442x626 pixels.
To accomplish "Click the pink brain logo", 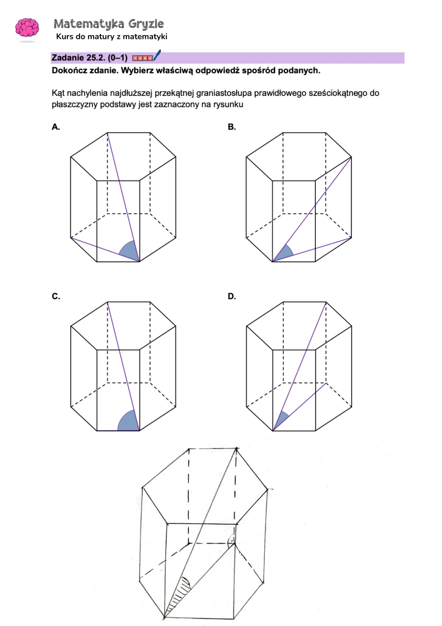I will tap(27, 28).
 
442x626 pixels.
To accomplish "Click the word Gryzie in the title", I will tap(146, 24).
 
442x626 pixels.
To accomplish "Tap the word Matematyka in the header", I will tap(89, 24).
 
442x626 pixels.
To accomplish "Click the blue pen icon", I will tap(157, 55).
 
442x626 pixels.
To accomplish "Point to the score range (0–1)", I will tap(117, 58).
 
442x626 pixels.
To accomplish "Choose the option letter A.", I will tap(56, 127).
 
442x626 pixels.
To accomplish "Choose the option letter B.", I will tap(231, 127).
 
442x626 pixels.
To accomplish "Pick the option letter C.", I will tap(56, 297).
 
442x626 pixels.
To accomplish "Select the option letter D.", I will tap(231, 297).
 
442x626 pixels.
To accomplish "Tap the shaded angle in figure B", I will tap(284, 253).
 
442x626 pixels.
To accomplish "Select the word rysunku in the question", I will tap(228, 105).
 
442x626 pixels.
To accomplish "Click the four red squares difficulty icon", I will tap(142, 58).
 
